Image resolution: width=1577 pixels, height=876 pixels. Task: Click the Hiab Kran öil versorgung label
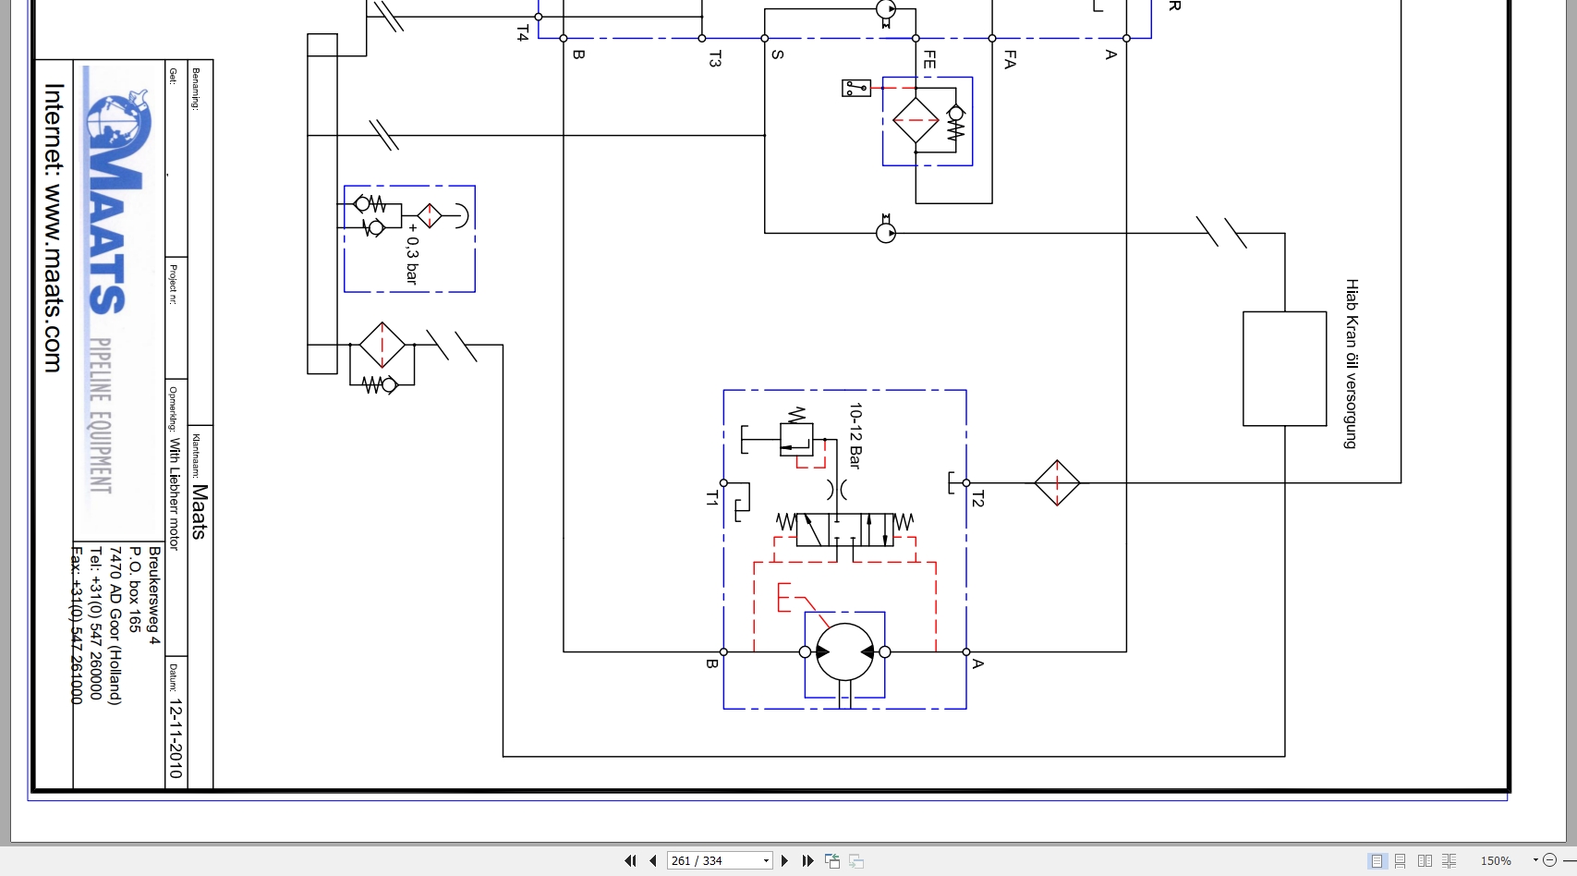point(1352,363)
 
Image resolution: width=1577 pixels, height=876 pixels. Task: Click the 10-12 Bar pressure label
point(855,435)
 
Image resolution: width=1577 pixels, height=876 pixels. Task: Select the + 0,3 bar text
point(412,253)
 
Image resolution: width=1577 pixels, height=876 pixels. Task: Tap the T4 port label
point(522,33)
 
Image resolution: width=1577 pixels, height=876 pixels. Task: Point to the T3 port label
point(714,59)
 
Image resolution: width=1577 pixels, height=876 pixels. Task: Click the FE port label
point(929,60)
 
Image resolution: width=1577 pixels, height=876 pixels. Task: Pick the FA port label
point(1010,60)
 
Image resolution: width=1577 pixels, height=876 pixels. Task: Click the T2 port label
point(977,499)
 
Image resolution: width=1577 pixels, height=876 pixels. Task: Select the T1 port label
point(711,499)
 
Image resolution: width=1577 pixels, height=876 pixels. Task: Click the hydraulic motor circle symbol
point(844,651)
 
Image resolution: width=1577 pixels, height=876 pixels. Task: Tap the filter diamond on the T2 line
point(1057,482)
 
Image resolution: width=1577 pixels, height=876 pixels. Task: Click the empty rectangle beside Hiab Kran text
point(1284,369)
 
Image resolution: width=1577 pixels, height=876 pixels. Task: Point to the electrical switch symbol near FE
point(856,89)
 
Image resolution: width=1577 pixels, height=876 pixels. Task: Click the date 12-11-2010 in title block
point(176,738)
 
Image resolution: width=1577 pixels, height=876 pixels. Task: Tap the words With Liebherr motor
point(174,494)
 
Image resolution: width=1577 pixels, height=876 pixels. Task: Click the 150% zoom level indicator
point(1496,860)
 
